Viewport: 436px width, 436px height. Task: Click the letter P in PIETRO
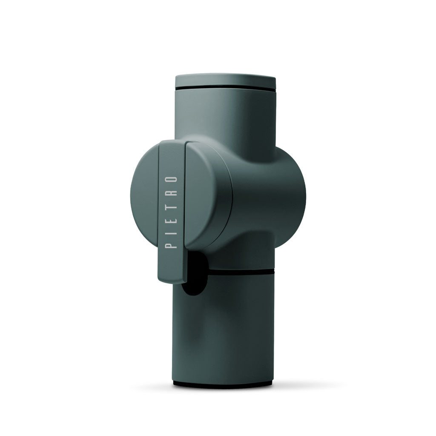click(x=172, y=245)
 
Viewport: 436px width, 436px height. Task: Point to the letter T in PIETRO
click(x=172, y=205)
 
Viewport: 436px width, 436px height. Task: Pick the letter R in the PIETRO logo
click(x=172, y=192)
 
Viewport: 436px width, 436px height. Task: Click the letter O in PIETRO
click(x=172, y=178)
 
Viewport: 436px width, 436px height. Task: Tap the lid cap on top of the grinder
click(x=225, y=80)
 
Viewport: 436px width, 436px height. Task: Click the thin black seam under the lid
click(x=225, y=88)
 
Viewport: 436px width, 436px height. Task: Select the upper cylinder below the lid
click(x=225, y=115)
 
